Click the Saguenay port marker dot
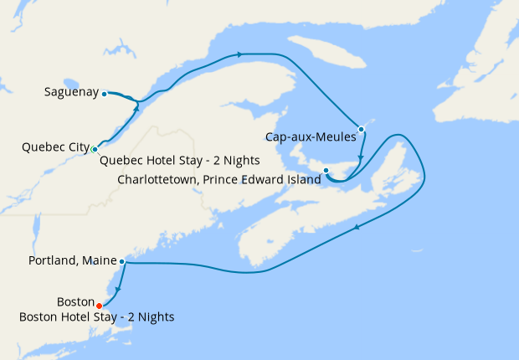coord(104,94)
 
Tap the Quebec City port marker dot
coord(95,149)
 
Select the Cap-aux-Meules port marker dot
coord(361,129)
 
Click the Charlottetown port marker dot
coord(326,171)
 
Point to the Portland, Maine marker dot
coord(122,262)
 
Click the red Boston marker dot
coord(100,305)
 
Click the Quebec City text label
coord(55,148)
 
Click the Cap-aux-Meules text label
coord(311,136)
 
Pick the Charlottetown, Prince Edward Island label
coord(219,179)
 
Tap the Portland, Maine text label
coord(74,261)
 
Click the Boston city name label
coord(75,301)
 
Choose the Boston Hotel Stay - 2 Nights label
coord(98,316)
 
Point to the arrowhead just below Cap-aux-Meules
coord(360,158)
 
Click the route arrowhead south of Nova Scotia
coord(359,227)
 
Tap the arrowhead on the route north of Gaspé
coord(240,54)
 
